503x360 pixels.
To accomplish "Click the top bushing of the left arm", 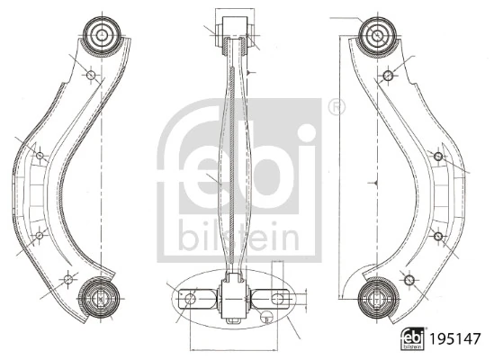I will click(99, 34).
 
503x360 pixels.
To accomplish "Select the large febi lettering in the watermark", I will click(241, 162).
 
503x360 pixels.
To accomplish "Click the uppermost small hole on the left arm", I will click(89, 74).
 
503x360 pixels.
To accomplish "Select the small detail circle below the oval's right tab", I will click(266, 315).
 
